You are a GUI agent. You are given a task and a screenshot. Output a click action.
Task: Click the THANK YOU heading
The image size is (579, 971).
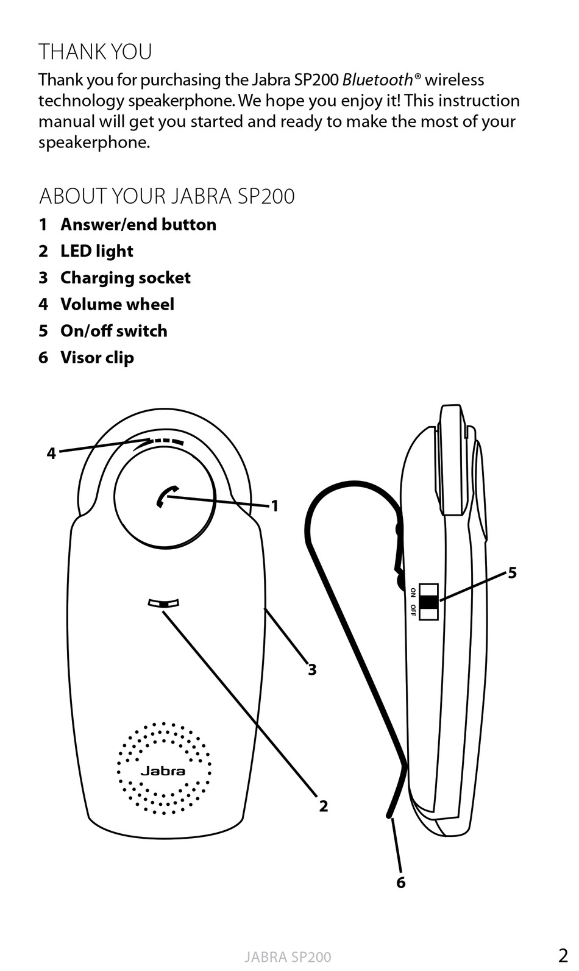coord(95,52)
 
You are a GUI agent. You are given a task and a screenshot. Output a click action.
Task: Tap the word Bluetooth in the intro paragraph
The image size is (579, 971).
coord(377,80)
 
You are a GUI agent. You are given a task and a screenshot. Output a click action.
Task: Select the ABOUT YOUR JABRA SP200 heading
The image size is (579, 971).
coord(166,196)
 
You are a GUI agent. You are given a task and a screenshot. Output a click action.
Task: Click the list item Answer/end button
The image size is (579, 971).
coord(138,224)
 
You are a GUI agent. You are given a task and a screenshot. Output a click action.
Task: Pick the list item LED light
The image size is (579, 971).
coord(96,251)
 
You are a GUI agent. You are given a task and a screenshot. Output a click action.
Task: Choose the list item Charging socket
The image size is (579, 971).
coord(125,278)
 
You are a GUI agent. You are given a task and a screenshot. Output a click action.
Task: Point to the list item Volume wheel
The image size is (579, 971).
coord(117,304)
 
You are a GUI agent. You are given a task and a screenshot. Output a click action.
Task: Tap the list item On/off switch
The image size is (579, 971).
coord(113,331)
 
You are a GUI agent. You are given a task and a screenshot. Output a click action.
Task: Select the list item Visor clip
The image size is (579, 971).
coord(97,358)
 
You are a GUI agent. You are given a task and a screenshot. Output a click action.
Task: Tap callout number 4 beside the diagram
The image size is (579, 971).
coord(51,453)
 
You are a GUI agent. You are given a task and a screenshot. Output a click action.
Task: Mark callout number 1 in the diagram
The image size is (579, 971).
coord(275,506)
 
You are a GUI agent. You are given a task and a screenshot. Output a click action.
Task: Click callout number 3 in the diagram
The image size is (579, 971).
coord(312,670)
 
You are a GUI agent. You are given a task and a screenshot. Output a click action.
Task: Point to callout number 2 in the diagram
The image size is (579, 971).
coord(324,806)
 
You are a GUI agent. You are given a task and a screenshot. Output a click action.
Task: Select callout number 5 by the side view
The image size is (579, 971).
coord(512,572)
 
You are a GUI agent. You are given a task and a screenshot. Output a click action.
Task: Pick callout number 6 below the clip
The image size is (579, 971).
coord(400,882)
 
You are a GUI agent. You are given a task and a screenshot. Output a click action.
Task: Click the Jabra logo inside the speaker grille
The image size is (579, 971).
coord(163,770)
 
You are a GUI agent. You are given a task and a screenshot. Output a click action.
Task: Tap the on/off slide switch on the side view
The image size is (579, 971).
coord(429,602)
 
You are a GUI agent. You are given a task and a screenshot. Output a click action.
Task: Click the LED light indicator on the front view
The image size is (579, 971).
coord(164,603)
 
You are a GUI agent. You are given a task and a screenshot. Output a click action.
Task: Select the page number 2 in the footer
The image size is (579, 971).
coord(563,955)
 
